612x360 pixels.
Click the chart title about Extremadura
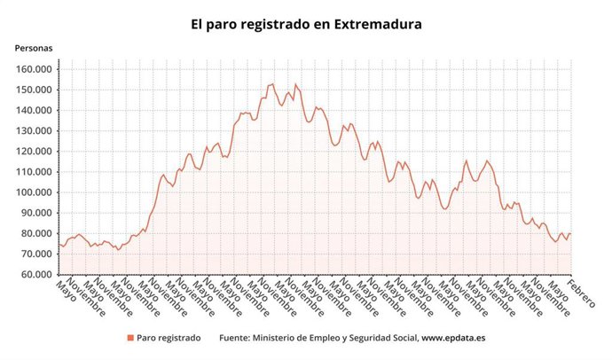click(x=306, y=24)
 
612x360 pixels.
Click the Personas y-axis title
click(x=33, y=48)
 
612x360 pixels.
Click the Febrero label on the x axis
click(x=583, y=293)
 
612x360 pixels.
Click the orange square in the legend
click(x=130, y=338)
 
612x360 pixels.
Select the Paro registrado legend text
click(x=169, y=338)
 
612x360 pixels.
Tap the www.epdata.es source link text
click(x=452, y=338)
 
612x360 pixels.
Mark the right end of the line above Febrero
click(x=570, y=234)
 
